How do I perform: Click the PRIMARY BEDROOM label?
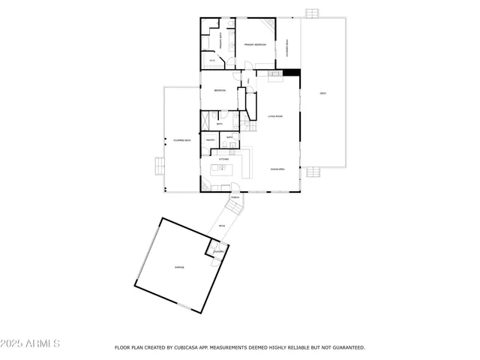coord(255,45)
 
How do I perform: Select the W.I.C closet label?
coord(212,60)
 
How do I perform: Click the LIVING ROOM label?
coord(274,116)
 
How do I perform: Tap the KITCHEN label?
coord(223,159)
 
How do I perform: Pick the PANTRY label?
coord(211,139)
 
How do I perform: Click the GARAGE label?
coord(180,267)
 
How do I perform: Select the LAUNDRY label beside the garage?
coord(218,251)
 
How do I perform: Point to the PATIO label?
coord(222,226)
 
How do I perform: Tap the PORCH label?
coord(235,197)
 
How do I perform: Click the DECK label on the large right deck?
coord(323,93)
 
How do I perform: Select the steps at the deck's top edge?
coord(312,13)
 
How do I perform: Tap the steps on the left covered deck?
coord(159,166)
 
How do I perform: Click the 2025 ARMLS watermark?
coord(31,343)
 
